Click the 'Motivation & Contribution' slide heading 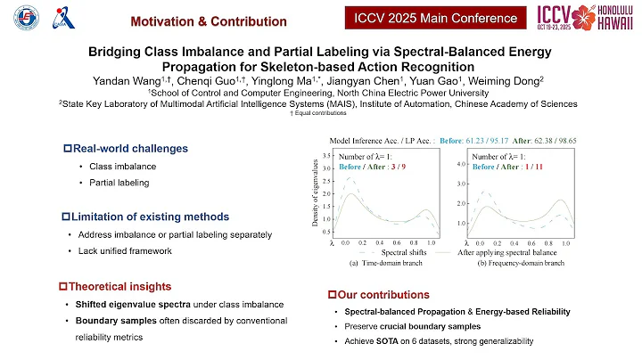[195, 20]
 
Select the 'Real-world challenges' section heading [120, 148]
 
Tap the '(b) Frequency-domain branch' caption [523, 265]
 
